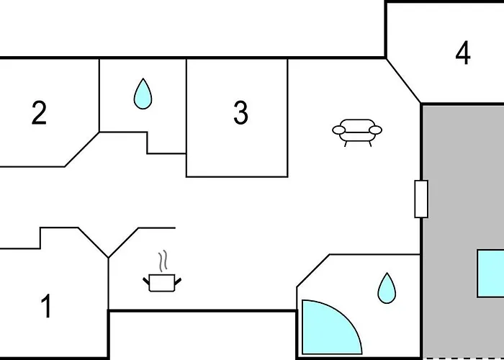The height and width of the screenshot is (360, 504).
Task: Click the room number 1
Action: (x=47, y=306)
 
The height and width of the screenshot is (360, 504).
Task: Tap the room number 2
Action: (x=39, y=112)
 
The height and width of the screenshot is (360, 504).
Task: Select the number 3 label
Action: (x=240, y=112)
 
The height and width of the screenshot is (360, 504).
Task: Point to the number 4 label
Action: (x=463, y=53)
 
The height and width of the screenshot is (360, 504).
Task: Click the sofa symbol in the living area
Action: (x=357, y=132)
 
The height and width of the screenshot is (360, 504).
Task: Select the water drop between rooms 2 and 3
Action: (x=143, y=94)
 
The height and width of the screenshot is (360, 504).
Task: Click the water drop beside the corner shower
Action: (x=387, y=288)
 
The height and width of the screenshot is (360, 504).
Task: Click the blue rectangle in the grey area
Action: (x=490, y=273)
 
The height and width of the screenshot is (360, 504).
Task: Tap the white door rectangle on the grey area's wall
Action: (x=421, y=199)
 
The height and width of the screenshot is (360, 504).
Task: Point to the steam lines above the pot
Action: (x=163, y=261)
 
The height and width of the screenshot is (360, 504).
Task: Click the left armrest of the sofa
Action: (x=339, y=130)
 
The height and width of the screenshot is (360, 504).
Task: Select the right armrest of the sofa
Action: (x=375, y=130)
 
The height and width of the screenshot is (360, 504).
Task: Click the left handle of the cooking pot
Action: (x=146, y=282)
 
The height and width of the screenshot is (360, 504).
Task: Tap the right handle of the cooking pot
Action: (x=178, y=282)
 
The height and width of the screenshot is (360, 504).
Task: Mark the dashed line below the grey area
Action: (x=463, y=359)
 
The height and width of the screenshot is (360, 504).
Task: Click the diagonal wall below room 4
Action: (x=403, y=81)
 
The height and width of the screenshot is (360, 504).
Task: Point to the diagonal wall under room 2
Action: (x=81, y=149)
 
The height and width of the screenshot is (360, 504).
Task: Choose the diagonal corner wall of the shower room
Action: (x=313, y=271)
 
